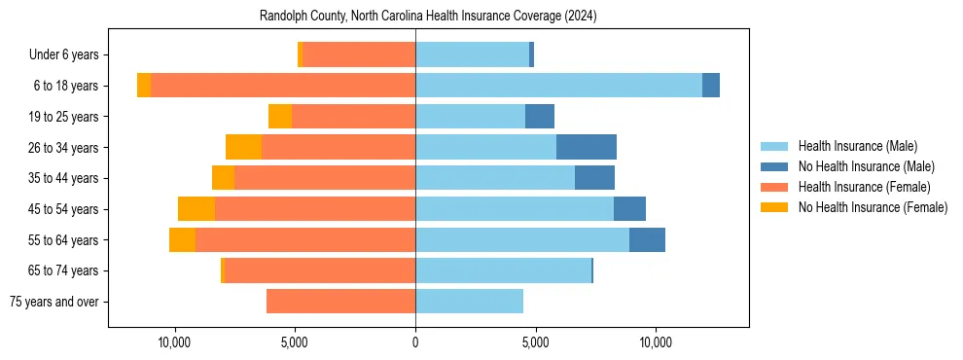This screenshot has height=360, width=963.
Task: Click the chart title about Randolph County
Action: [428, 17]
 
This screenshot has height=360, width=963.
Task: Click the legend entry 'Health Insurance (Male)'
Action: [858, 146]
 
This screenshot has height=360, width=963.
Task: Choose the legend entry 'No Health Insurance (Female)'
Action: [873, 207]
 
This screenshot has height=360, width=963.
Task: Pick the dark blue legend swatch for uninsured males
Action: [774, 166]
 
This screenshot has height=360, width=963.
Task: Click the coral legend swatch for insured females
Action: [774, 187]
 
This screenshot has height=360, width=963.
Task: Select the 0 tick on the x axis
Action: [415, 342]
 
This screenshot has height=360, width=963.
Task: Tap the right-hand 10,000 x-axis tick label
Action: [656, 342]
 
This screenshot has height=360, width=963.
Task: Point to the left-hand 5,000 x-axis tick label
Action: [295, 342]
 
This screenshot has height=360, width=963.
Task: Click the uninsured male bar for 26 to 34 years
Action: [587, 147]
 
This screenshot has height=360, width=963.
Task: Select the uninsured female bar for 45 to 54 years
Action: [196, 209]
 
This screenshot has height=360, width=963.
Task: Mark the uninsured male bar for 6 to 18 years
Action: [711, 86]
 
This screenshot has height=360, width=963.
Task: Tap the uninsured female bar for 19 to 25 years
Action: [280, 117]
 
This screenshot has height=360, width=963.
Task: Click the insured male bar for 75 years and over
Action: [469, 302]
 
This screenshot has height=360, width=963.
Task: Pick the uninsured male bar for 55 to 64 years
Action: [647, 239]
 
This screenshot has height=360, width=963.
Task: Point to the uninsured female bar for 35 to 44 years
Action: [223, 178]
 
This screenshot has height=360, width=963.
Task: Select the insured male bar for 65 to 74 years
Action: [503, 270]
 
